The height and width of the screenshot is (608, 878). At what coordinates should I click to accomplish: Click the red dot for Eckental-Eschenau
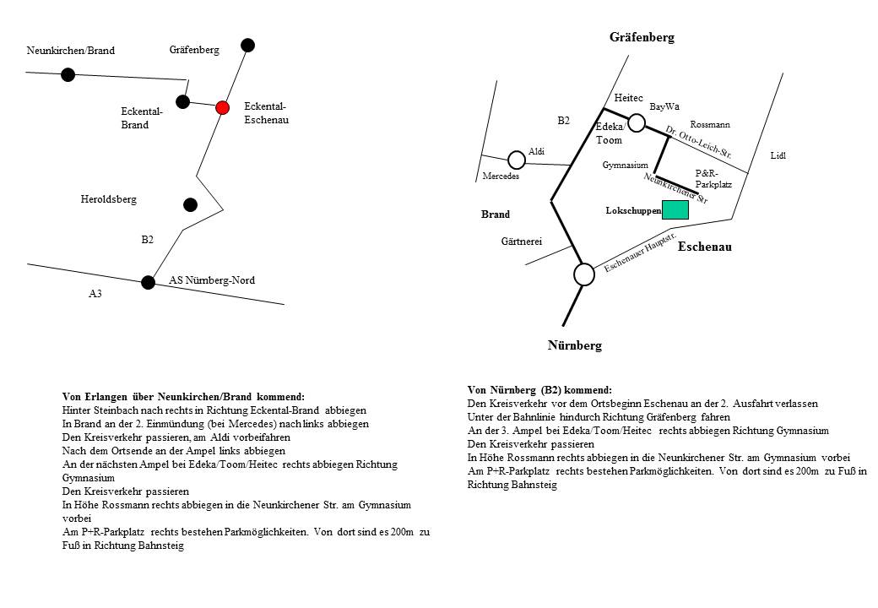(222, 107)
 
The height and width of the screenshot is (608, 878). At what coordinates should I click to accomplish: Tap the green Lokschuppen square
(675, 209)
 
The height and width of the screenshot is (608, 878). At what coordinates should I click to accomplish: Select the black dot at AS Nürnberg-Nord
(149, 282)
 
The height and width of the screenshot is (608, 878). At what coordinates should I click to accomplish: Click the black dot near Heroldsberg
(190, 204)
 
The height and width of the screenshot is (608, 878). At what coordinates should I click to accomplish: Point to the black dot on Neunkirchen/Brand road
(68, 74)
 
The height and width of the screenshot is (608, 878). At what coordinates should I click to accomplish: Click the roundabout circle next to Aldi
(517, 160)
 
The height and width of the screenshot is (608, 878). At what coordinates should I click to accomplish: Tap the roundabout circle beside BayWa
(637, 122)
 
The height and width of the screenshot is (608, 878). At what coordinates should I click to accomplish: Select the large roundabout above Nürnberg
(583, 274)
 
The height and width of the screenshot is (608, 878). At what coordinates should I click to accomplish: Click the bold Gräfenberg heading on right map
(642, 37)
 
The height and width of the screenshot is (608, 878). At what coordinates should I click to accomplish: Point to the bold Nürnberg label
(575, 345)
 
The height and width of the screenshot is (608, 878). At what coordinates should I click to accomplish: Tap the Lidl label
(778, 156)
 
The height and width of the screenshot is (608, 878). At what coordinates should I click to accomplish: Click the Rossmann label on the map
(709, 125)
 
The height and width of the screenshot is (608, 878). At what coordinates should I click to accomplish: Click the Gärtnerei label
(521, 242)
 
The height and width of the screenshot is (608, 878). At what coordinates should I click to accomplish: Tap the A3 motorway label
(95, 295)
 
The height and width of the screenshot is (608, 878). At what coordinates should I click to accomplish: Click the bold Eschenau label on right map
(704, 247)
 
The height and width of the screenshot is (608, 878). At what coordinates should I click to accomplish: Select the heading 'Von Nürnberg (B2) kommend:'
(539, 390)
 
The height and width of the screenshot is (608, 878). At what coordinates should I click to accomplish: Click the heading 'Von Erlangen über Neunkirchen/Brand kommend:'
(183, 396)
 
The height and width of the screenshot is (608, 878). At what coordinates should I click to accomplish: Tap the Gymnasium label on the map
(625, 166)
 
